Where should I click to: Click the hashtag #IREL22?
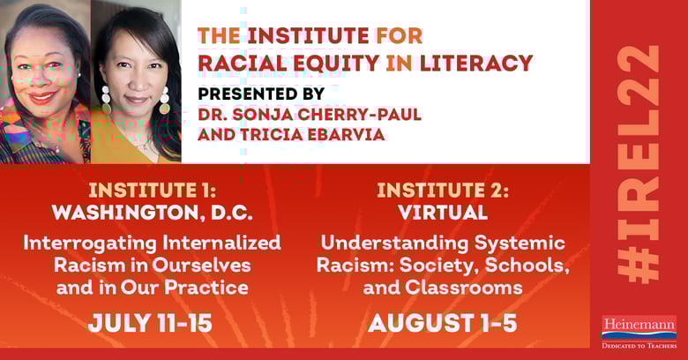click(639, 164)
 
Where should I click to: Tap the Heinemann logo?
click(639, 332)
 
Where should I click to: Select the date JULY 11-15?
click(150, 324)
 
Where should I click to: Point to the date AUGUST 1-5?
click(443, 324)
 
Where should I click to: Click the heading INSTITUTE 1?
click(153, 191)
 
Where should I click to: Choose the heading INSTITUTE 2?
click(443, 191)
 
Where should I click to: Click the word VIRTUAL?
click(443, 213)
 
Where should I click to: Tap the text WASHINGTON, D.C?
click(153, 213)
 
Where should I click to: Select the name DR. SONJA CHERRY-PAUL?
click(310, 115)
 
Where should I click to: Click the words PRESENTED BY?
click(261, 94)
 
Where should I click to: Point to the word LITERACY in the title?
click(476, 63)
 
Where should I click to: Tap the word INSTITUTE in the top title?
click(308, 36)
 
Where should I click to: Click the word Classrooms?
click(464, 288)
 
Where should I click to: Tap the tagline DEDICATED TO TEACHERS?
click(639, 346)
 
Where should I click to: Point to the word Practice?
click(206, 288)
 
